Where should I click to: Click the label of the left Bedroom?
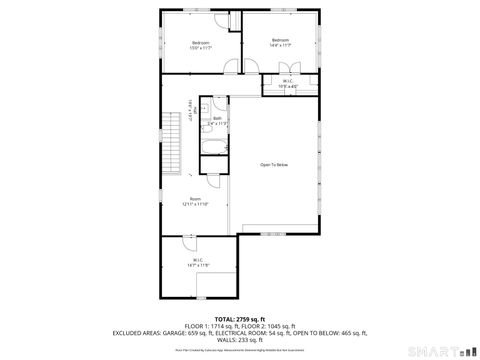coord(200,44)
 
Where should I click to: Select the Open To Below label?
coord(275,164)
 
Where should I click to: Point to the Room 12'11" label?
coord(198,201)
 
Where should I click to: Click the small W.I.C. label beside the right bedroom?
coord(287,84)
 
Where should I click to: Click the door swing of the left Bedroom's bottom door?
coord(230,66)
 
